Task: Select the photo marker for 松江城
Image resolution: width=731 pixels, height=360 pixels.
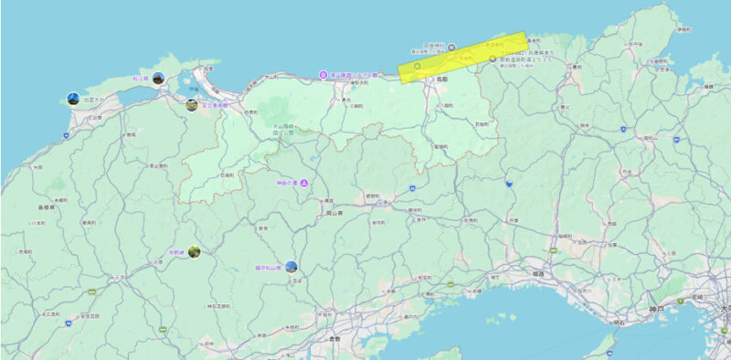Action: pos(158,79)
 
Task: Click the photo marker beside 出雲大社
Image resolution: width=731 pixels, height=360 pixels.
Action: pos(73,98)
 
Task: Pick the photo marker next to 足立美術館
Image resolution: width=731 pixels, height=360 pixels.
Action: pos(192,105)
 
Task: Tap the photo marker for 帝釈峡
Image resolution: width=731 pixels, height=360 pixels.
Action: pos(195,251)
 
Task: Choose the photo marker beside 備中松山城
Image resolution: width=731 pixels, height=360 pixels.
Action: pos(291,267)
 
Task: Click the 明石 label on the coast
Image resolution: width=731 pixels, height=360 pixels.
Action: pos(620,323)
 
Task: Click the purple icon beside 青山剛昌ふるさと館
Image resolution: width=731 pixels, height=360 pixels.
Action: pos(323,74)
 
